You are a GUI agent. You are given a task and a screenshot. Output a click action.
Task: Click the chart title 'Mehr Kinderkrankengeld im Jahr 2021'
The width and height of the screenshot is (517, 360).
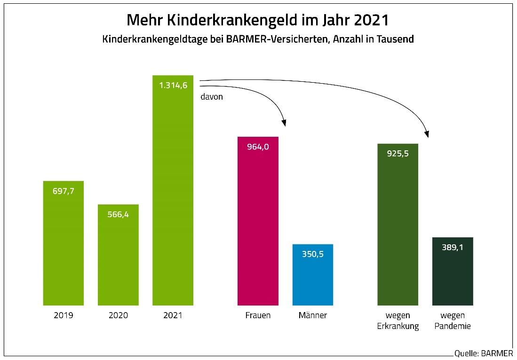pyautogui.click(x=258, y=21)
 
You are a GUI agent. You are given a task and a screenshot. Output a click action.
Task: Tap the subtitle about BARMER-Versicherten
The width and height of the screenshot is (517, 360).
pyautogui.click(x=258, y=39)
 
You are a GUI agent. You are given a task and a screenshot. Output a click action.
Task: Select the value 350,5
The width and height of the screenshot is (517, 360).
pyautogui.click(x=313, y=254)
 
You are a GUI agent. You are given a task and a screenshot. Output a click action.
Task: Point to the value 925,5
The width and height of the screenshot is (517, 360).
pyautogui.click(x=398, y=154)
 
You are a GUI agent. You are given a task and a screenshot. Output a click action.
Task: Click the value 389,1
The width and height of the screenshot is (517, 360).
pyautogui.click(x=453, y=247)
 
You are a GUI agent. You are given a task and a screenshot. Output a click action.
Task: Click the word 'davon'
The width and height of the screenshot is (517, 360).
pyautogui.click(x=212, y=97)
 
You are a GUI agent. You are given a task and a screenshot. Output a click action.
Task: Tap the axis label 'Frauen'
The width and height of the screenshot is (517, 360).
pyautogui.click(x=258, y=315)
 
